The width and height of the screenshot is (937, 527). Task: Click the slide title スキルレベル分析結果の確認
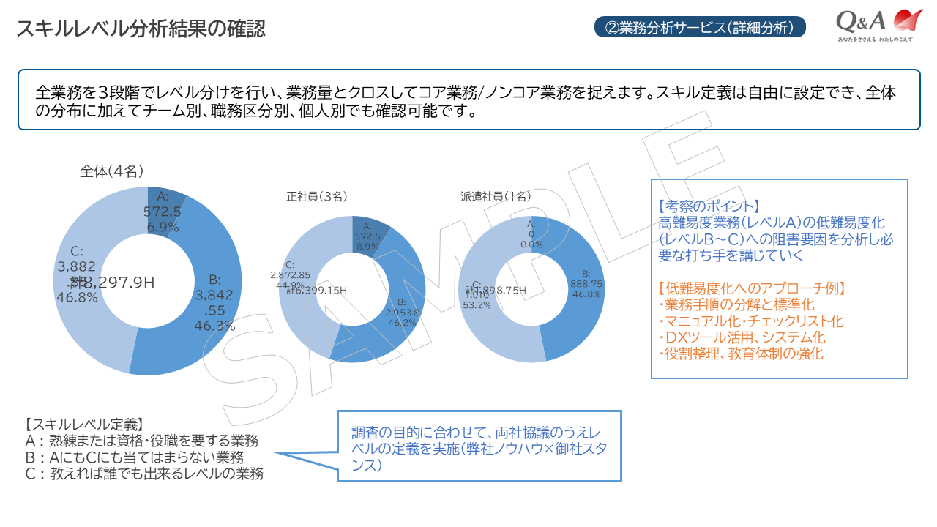click(x=141, y=29)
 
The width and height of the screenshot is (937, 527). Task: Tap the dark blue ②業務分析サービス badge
click(x=700, y=28)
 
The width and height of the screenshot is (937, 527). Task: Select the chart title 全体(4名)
click(x=111, y=171)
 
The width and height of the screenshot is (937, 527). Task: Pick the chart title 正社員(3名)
click(x=316, y=196)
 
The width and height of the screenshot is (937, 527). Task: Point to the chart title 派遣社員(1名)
click(x=496, y=196)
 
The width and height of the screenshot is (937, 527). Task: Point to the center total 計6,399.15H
click(x=316, y=290)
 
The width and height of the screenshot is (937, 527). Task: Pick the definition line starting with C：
click(x=143, y=474)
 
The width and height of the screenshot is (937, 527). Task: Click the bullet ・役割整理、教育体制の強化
click(x=740, y=354)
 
